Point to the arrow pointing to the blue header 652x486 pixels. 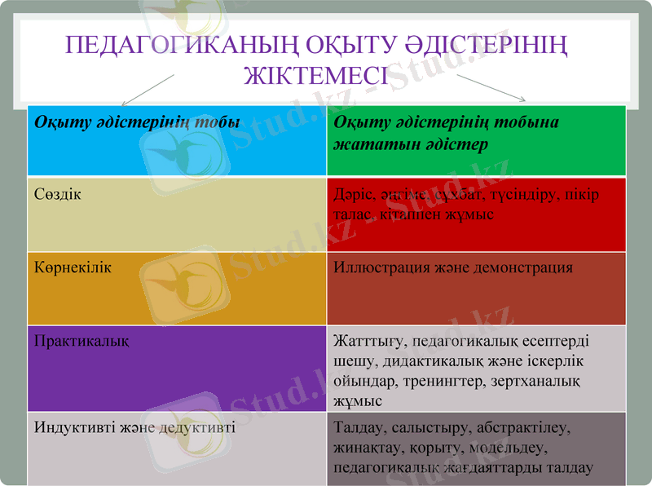(148, 91)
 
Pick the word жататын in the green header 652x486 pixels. (368, 144)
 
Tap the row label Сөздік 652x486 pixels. (58, 194)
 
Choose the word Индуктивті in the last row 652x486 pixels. (73, 426)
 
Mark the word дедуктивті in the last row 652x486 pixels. (197, 426)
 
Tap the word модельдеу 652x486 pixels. (513, 448)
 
